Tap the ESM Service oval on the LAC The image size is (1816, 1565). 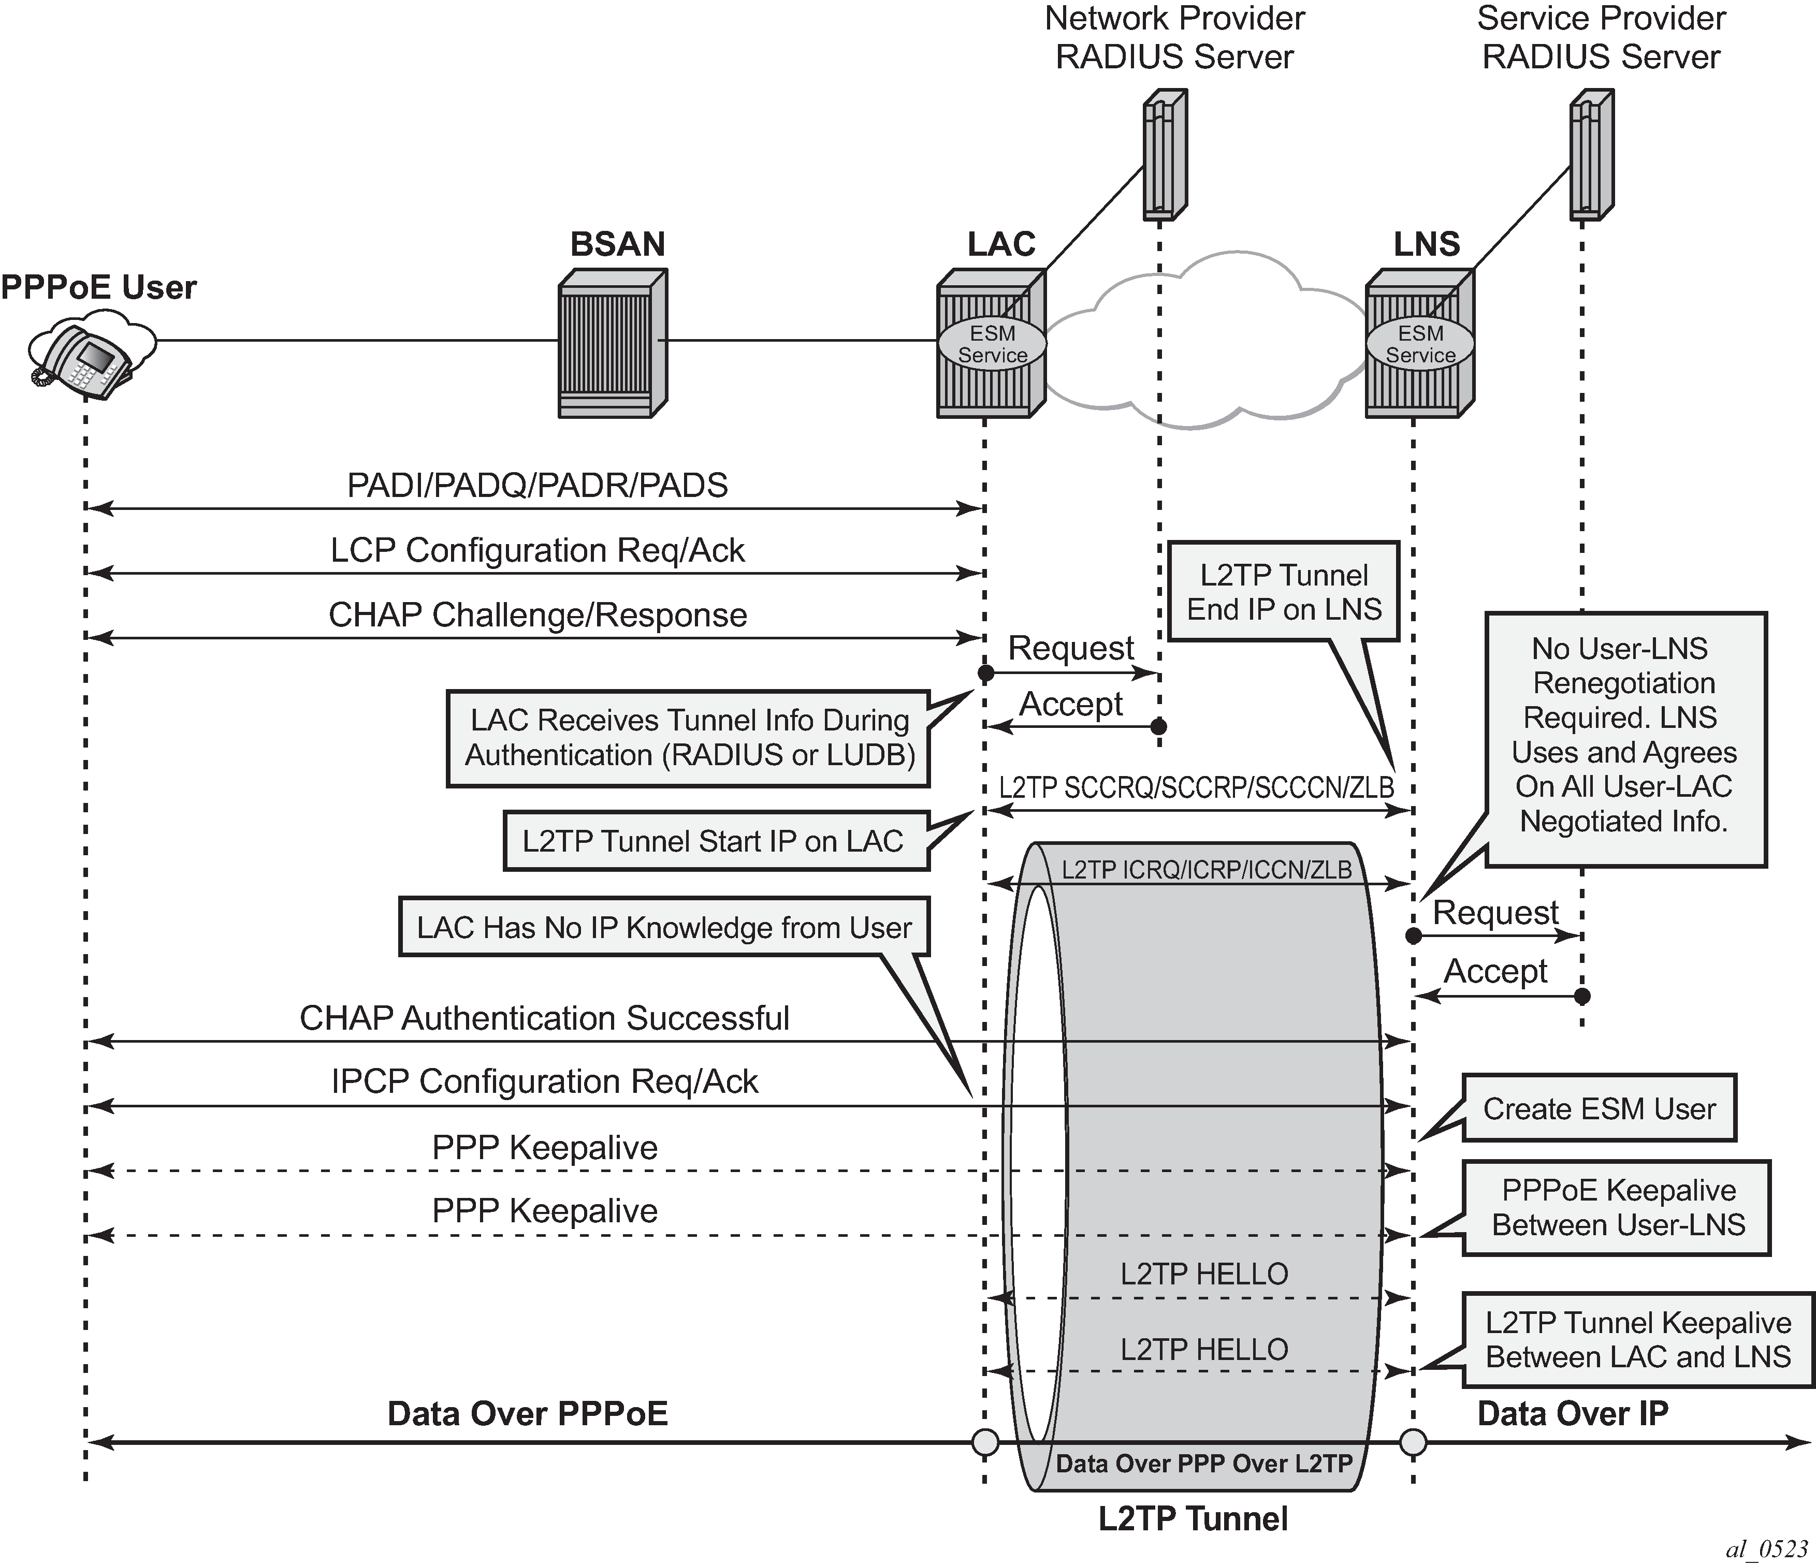[992, 344]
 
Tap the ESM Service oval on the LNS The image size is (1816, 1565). [1420, 344]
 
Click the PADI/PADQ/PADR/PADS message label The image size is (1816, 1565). [537, 486]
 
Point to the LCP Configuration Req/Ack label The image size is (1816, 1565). [537, 550]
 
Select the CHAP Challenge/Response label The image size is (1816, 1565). [537, 615]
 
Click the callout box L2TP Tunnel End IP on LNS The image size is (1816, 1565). [1284, 592]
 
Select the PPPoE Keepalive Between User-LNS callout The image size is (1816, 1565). [1618, 1207]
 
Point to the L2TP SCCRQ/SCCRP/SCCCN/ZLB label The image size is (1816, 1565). [1196, 788]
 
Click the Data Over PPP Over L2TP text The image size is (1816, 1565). [1203, 1464]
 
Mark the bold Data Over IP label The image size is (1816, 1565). [1572, 1413]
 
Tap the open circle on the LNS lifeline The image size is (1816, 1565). [1413, 1441]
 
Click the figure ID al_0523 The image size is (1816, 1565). [1766, 1549]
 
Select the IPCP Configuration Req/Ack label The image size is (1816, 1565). [544, 1081]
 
